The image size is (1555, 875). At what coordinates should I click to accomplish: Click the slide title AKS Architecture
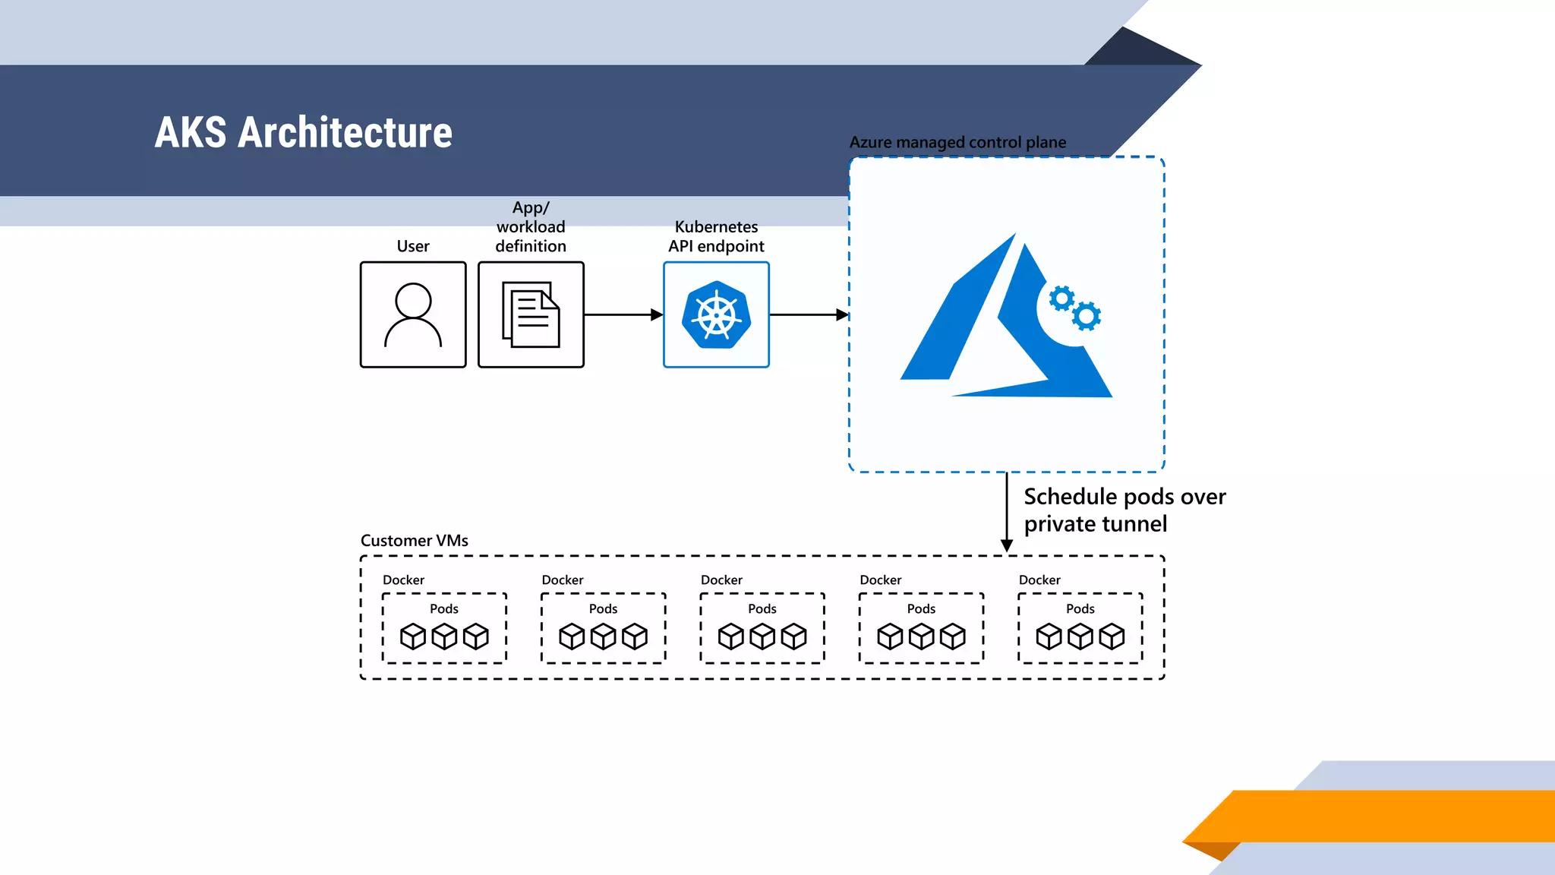tap(303, 132)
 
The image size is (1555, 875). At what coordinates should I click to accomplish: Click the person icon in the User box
tap(413, 314)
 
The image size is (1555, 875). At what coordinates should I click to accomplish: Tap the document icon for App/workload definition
tap(531, 314)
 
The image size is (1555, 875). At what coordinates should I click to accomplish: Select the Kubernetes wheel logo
tap(716, 314)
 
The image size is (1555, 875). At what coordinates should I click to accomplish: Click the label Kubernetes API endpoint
tap(716, 236)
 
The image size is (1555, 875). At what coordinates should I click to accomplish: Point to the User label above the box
tap(413, 246)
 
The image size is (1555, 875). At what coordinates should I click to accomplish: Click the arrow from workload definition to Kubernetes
tap(623, 314)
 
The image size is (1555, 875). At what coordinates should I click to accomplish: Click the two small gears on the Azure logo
tap(1075, 308)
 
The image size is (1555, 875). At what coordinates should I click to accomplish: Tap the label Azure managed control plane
tap(957, 142)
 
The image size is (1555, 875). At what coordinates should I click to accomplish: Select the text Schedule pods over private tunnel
tap(1124, 510)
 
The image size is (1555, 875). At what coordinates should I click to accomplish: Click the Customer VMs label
tap(414, 540)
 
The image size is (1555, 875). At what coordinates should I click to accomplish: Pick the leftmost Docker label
tap(403, 580)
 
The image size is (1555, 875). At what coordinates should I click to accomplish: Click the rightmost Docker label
tap(1039, 580)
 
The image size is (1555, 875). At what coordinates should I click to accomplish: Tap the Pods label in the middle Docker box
tap(762, 608)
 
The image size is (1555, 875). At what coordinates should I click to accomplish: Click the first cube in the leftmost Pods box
tap(413, 637)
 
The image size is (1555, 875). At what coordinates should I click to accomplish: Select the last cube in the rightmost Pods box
tap(1112, 637)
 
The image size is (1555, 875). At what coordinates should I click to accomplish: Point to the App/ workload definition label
tap(531, 226)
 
